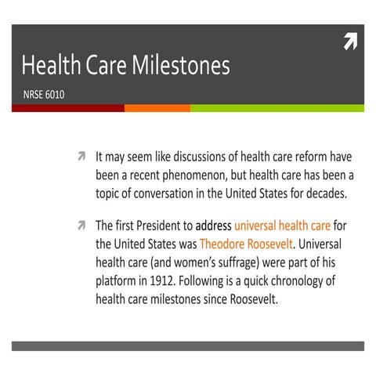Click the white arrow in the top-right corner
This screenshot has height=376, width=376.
pos(349,43)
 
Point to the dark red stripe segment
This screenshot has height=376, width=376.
pos(67,108)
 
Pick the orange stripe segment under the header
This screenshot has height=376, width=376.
pos(157,108)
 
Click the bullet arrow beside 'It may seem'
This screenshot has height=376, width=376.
pos(80,156)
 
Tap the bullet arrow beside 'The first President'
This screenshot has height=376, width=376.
pos(80,226)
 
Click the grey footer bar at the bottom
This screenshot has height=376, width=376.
pos(188,345)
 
